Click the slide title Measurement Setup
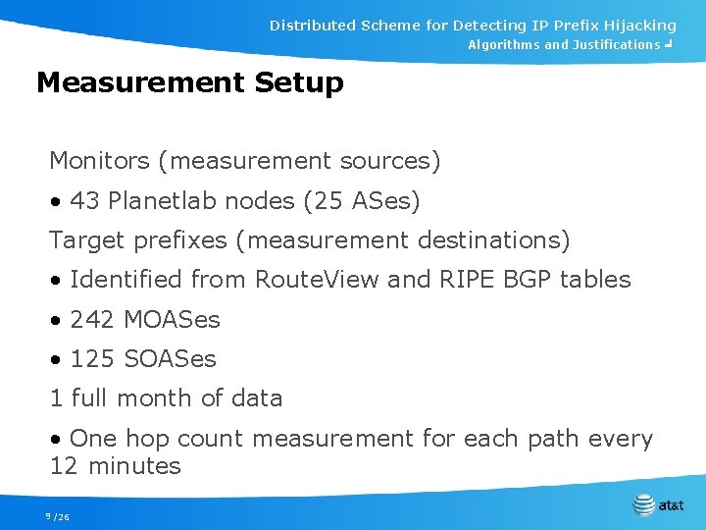(189, 83)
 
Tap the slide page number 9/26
(57, 516)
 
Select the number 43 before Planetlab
(84, 201)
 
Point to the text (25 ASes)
(362, 201)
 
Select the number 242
(92, 320)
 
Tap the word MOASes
(172, 320)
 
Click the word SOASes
(170, 359)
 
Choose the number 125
(92, 359)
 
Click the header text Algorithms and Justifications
(563, 45)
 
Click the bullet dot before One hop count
(57, 439)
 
